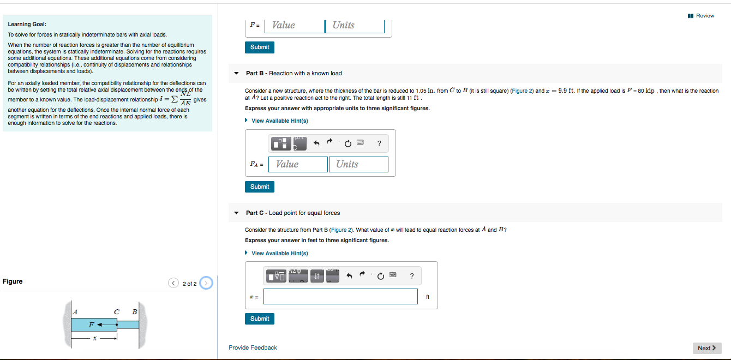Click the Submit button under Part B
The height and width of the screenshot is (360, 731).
tap(260, 187)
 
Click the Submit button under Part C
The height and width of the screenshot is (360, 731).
tap(260, 319)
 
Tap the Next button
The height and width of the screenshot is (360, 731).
tap(707, 348)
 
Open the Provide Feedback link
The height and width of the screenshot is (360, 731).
tap(253, 347)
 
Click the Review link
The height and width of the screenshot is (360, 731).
tap(702, 16)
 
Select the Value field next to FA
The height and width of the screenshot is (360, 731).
tap(298, 164)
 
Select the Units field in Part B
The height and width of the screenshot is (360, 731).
tap(358, 164)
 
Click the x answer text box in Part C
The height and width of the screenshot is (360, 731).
tap(340, 297)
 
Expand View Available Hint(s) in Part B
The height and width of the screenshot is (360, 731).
tap(279, 121)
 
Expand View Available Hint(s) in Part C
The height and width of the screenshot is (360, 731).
tap(279, 253)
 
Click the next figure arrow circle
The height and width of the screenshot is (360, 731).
tap(206, 283)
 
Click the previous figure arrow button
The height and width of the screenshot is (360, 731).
tap(174, 283)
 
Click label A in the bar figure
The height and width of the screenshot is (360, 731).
tap(75, 311)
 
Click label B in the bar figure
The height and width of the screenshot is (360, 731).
tap(134, 311)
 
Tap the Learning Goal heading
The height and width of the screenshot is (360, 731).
tap(27, 25)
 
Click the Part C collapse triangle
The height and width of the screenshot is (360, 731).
tap(236, 213)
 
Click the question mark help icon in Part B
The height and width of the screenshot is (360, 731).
tap(379, 144)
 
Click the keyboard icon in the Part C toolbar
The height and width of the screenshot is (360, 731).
tap(393, 275)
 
